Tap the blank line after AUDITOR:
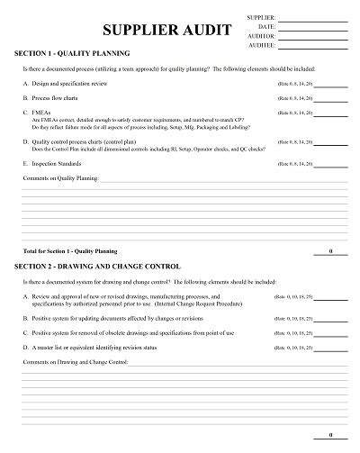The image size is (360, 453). [314, 35]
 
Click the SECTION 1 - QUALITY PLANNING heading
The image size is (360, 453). [72, 53]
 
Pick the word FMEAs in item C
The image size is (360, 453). [41, 112]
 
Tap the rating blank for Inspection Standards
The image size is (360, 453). [330, 164]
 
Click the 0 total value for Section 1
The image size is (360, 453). [330, 250]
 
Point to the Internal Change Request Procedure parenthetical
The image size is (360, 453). [208, 304]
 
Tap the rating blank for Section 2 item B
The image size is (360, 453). [330, 318]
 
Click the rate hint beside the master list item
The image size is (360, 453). [293, 348]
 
